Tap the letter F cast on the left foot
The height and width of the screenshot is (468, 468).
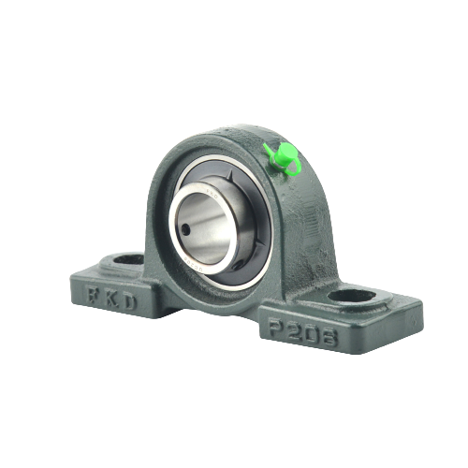click(x=93, y=297)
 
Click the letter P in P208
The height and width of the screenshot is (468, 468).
click(x=277, y=327)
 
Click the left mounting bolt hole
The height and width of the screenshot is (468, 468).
click(x=128, y=259)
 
